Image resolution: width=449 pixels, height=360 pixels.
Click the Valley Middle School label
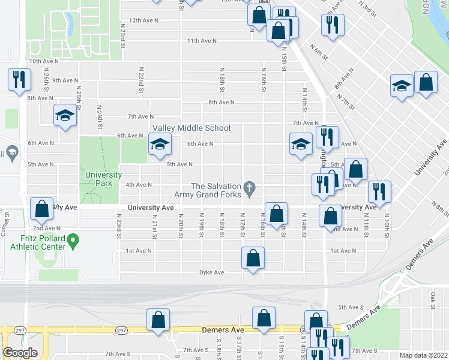[191, 128]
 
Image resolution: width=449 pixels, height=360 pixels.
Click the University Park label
[99, 179]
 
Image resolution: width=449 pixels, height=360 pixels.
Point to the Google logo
[20, 353]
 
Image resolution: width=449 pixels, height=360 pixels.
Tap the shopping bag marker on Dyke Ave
[253, 258]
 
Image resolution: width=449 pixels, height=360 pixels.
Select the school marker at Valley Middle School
[160, 144]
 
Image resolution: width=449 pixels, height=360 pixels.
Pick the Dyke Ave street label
[211, 272]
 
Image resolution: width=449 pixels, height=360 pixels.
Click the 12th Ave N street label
[143, 20]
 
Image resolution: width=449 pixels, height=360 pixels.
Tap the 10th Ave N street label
[44, 61]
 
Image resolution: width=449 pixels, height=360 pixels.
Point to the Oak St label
[432, 296]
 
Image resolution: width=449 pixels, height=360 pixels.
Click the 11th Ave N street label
[201, 41]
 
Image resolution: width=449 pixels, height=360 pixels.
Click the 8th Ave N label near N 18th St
[221, 103]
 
